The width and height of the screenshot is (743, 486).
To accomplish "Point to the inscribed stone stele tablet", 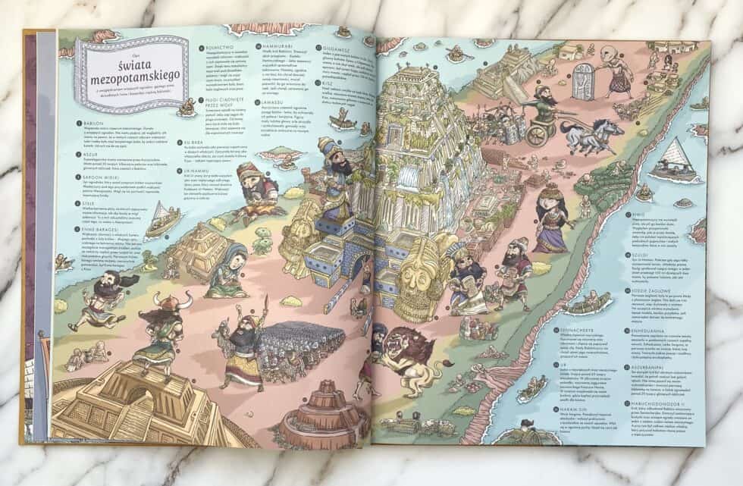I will (582, 82).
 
